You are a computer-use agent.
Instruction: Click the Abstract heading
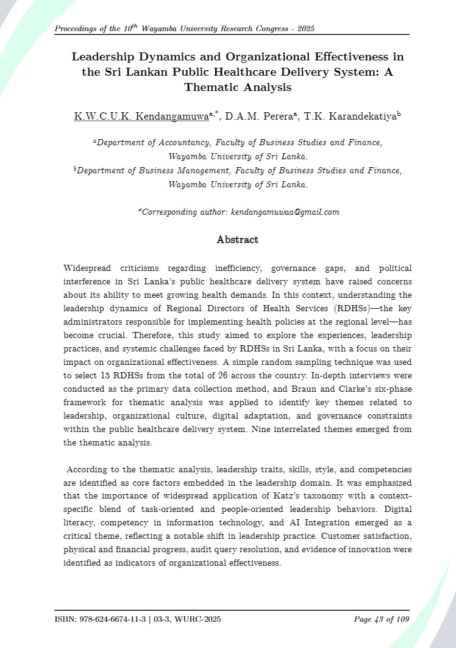237,240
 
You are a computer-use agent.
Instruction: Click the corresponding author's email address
285,212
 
